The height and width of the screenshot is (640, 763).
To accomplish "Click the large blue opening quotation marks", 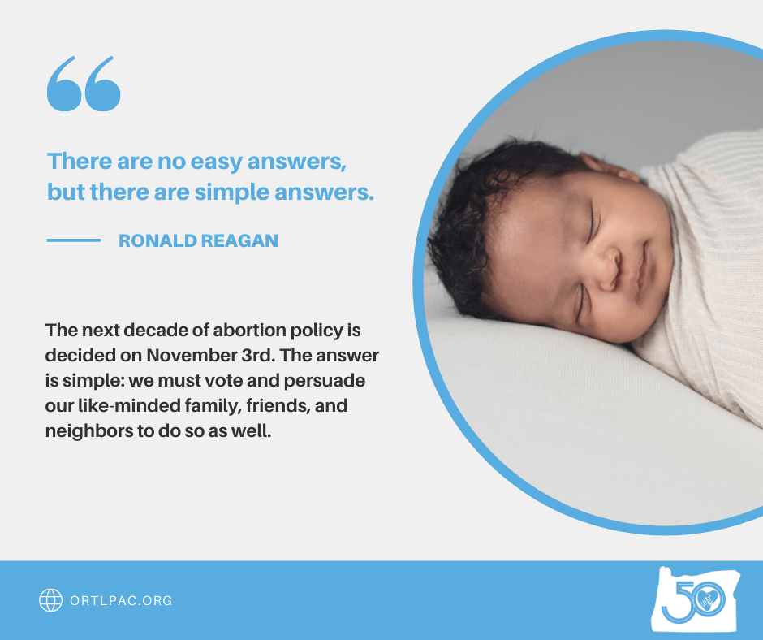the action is (84, 84).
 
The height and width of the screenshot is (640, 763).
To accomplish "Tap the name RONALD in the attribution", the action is (157, 240).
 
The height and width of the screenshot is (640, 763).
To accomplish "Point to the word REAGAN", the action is (239, 240).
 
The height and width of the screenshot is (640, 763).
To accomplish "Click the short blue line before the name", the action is (74, 240).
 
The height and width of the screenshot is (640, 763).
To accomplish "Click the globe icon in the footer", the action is (50, 600).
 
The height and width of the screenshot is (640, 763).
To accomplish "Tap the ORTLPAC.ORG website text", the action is (121, 600).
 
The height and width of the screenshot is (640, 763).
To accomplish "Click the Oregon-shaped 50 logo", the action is (696, 600).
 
